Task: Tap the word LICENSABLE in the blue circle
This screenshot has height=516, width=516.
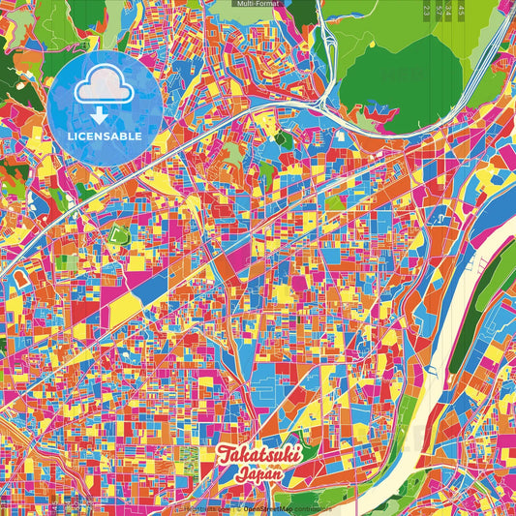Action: [x=105, y=137]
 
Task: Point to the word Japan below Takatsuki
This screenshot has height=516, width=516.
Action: [x=258, y=474]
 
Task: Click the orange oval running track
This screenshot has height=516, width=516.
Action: [x=18, y=281]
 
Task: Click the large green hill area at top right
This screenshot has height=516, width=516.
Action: [x=397, y=73]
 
